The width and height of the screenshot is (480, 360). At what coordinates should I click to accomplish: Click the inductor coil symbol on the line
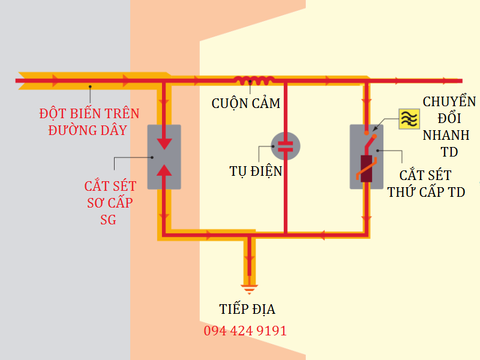(254, 80)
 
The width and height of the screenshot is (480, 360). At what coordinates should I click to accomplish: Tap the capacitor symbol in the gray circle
(286, 146)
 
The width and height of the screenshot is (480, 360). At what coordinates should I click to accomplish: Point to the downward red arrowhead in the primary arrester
(164, 144)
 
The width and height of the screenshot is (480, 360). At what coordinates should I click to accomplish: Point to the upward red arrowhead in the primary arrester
(164, 169)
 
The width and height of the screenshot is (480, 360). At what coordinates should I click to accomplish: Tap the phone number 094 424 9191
(245, 331)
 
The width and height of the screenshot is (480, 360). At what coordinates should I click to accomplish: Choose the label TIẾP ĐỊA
(247, 310)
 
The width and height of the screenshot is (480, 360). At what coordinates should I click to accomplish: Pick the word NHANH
(446, 135)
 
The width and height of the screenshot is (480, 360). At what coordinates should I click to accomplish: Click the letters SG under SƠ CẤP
(109, 220)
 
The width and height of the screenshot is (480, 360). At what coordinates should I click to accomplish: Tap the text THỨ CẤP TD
(426, 192)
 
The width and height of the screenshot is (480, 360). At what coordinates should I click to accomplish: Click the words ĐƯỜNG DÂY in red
(88, 129)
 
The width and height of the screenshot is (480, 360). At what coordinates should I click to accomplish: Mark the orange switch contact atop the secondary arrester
(372, 136)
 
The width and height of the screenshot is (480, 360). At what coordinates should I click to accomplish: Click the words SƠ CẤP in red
(110, 203)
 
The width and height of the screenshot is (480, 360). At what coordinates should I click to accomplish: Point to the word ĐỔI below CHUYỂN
(442, 118)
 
